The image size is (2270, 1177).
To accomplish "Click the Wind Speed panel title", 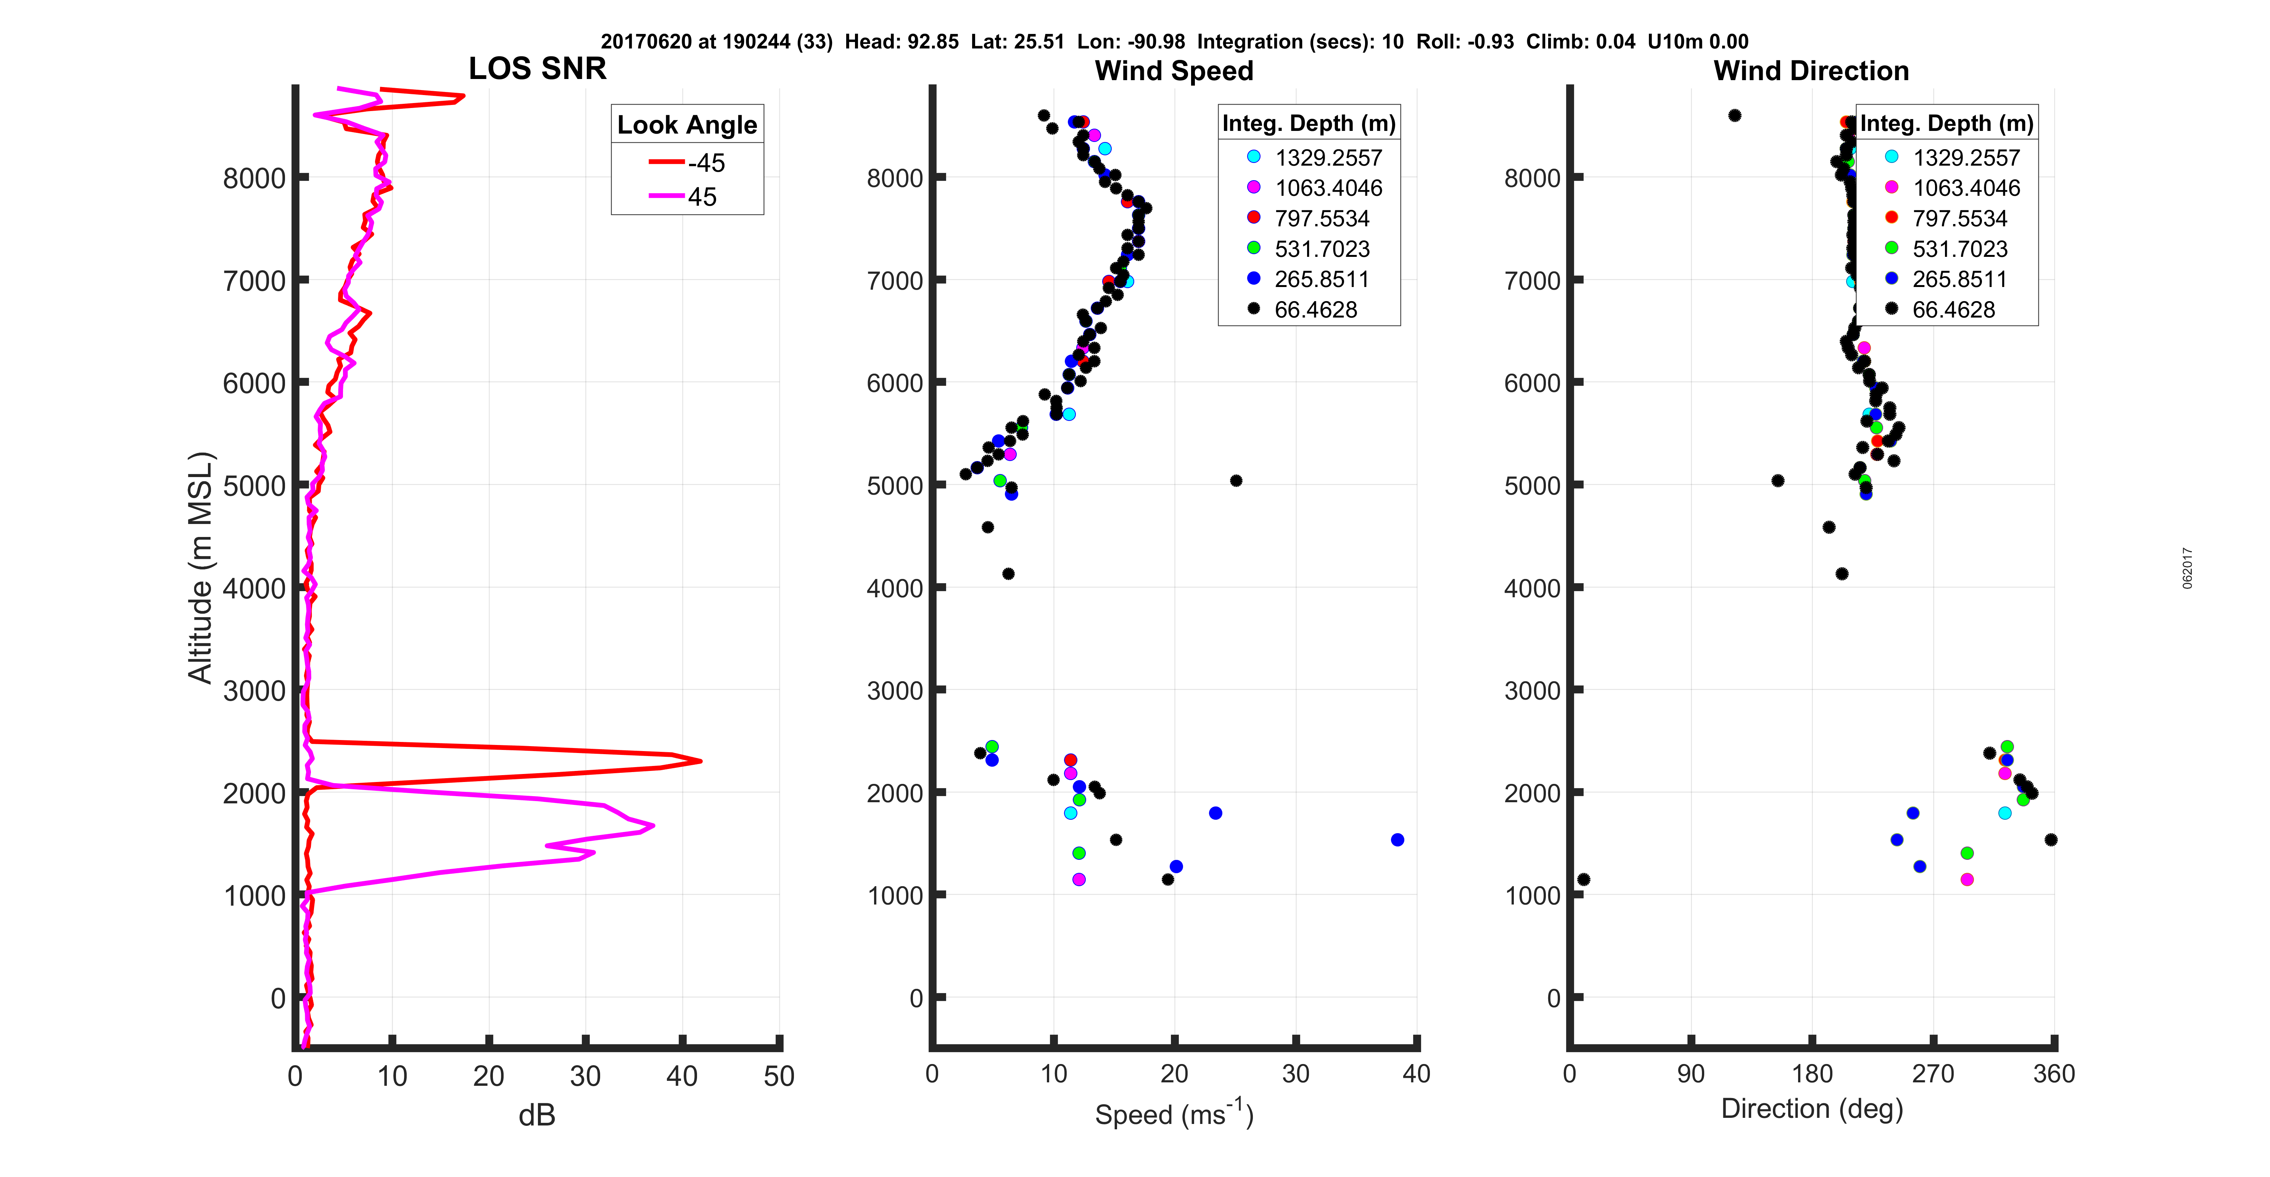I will [x=1174, y=71].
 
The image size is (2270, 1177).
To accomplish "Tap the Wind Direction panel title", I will [x=1811, y=71].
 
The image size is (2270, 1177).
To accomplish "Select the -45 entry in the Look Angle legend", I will [x=687, y=163].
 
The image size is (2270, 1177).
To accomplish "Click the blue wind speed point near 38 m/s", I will [x=1397, y=839].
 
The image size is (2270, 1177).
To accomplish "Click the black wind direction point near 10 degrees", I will [x=1584, y=879].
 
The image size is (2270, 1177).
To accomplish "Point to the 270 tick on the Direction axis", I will [x=1934, y=1074].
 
